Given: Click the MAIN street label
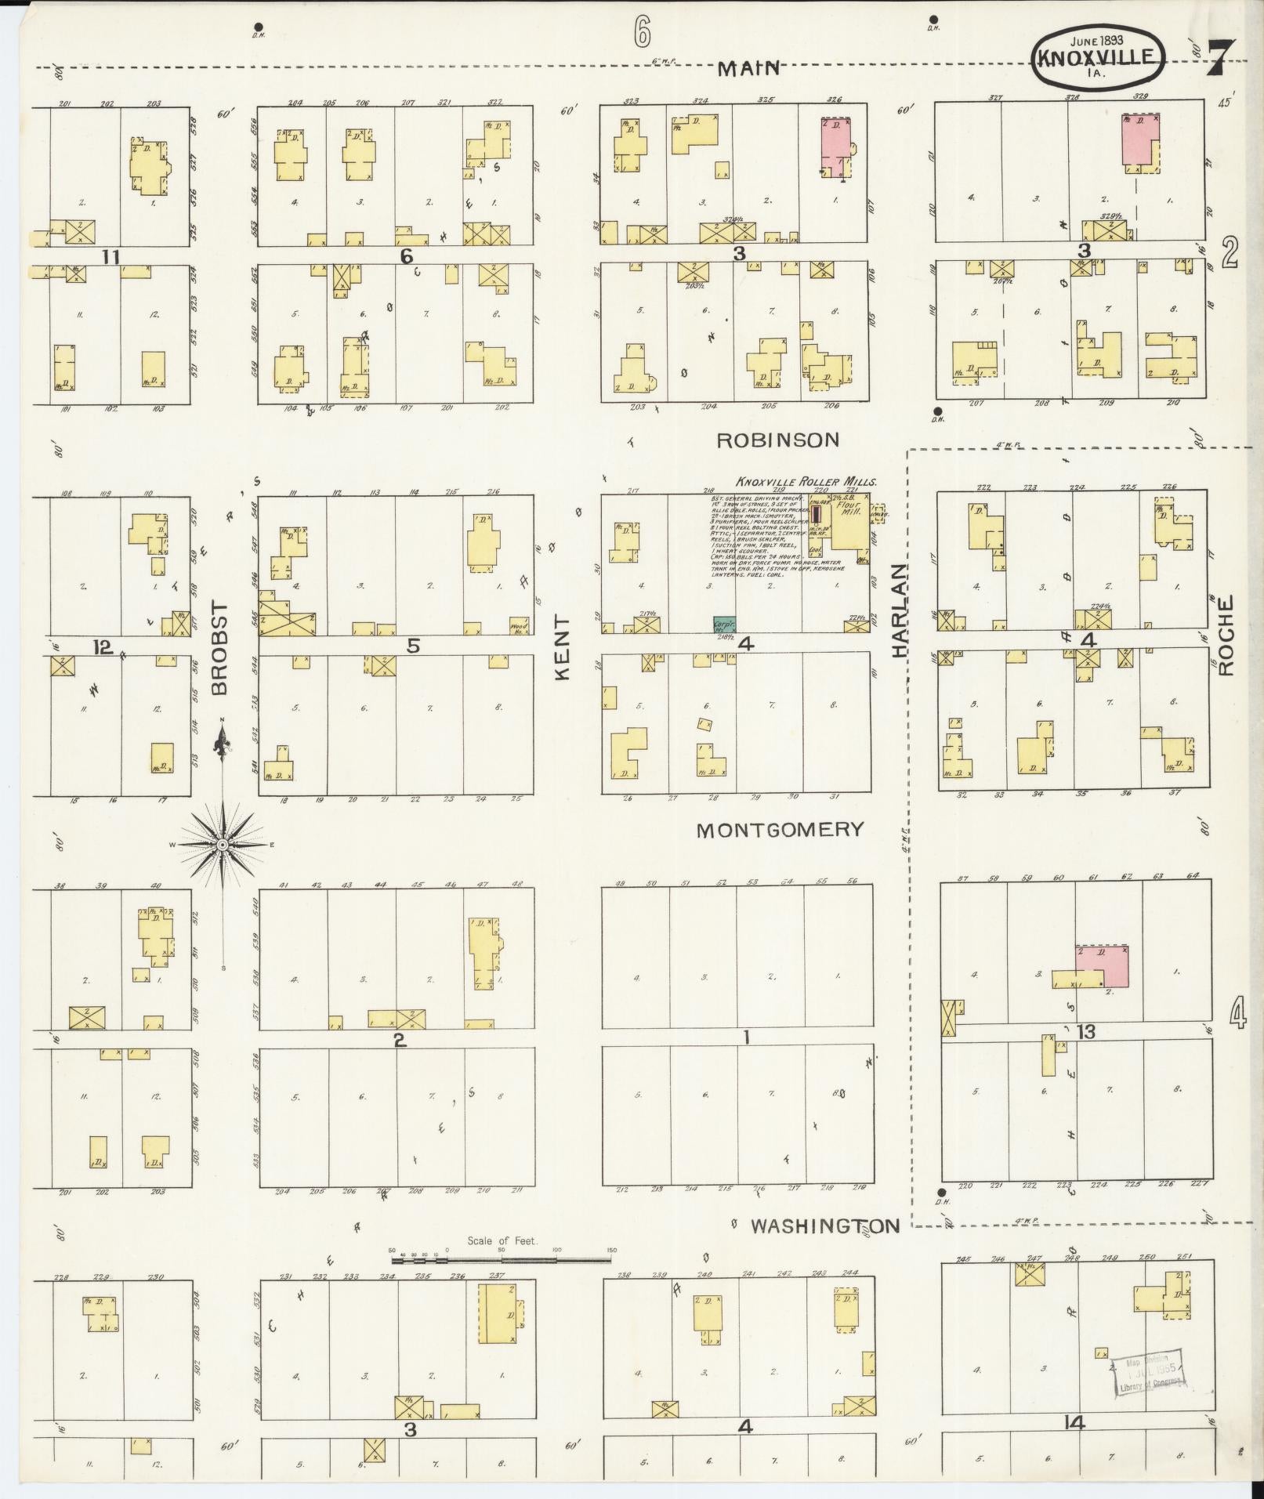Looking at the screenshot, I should [x=750, y=69].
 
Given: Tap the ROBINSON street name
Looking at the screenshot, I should [x=777, y=440].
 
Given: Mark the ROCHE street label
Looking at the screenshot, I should [x=1227, y=635].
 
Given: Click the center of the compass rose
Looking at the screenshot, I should [x=223, y=845].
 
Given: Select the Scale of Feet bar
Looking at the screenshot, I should [x=502, y=1261].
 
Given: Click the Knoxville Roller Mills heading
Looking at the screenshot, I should [x=806, y=483].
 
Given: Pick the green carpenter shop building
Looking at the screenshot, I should [x=725, y=625].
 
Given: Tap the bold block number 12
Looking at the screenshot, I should [x=103, y=647].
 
